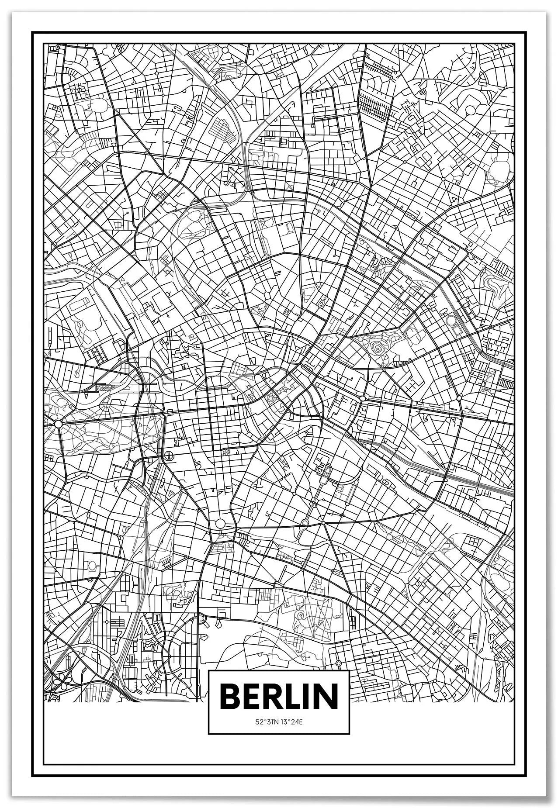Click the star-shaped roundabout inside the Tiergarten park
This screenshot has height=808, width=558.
(58, 423)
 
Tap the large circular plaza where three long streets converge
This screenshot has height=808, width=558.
(220, 523)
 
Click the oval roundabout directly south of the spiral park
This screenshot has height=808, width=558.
(363, 398)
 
